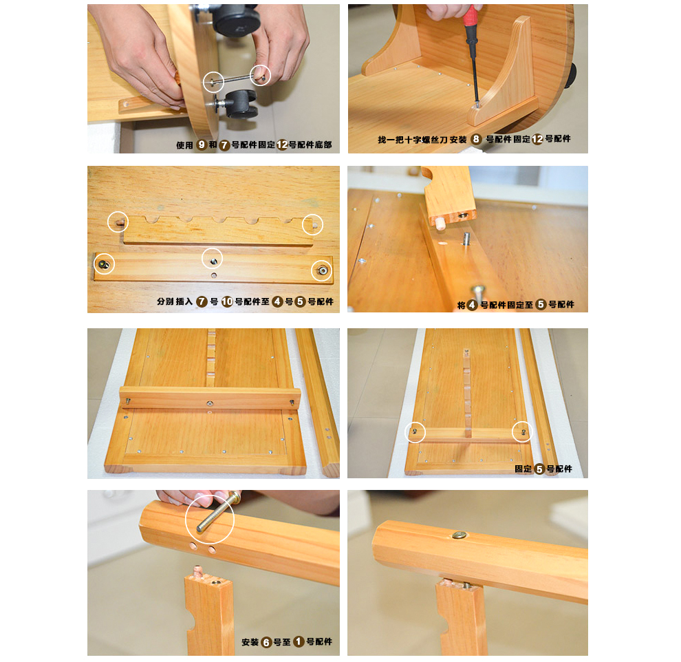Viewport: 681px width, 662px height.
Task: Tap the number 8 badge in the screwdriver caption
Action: tap(476, 139)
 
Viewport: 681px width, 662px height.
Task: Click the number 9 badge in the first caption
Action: tap(202, 145)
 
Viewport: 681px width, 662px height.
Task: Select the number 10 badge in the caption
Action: tap(227, 301)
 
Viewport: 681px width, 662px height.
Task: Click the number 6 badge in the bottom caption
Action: tap(267, 642)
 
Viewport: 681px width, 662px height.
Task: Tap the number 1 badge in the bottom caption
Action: tap(299, 641)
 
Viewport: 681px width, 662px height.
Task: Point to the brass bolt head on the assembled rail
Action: tap(460, 535)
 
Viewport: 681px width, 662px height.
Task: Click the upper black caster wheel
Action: tap(235, 19)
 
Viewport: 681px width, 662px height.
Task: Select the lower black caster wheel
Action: tap(241, 103)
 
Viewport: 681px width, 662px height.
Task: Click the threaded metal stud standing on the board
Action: tap(466, 239)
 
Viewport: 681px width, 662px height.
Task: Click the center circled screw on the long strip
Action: tap(213, 261)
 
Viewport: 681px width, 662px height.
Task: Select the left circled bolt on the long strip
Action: tap(104, 264)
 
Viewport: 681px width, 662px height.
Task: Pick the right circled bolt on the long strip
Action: tap(322, 270)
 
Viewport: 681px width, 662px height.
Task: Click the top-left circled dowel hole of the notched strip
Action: tap(120, 223)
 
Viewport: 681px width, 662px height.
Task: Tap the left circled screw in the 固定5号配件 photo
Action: tap(414, 431)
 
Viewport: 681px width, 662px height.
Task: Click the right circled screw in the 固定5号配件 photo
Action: tap(523, 431)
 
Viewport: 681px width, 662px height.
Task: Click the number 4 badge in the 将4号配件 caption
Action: tap(472, 305)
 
